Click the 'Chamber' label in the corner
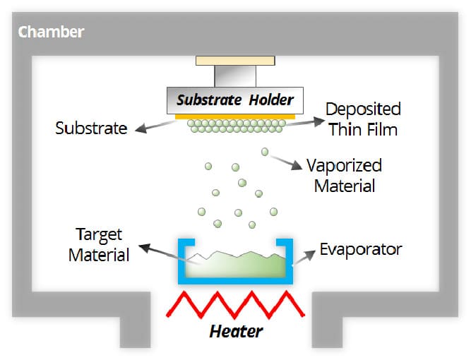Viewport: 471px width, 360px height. click(51, 32)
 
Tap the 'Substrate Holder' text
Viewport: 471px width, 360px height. click(234, 100)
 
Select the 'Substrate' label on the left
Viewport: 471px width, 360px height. click(92, 128)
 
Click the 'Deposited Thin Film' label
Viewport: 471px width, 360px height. click(362, 119)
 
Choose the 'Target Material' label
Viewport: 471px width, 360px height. click(99, 244)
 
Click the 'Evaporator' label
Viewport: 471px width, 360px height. click(360, 249)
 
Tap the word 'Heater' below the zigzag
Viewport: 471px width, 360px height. click(236, 330)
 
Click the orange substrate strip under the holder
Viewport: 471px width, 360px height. click(234, 115)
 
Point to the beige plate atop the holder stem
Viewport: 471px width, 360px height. click(234, 61)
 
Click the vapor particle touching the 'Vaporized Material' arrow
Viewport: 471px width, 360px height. click(265, 151)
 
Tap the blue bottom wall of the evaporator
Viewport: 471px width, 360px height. click(234, 282)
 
